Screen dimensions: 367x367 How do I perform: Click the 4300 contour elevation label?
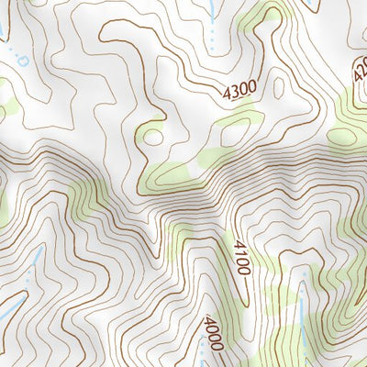[239, 91]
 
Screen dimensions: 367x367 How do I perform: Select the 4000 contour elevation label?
[213, 331]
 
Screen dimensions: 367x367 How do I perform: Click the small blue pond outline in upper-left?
[21, 61]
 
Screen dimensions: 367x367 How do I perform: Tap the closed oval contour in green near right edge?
[348, 129]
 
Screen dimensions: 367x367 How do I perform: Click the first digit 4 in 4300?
[226, 95]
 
